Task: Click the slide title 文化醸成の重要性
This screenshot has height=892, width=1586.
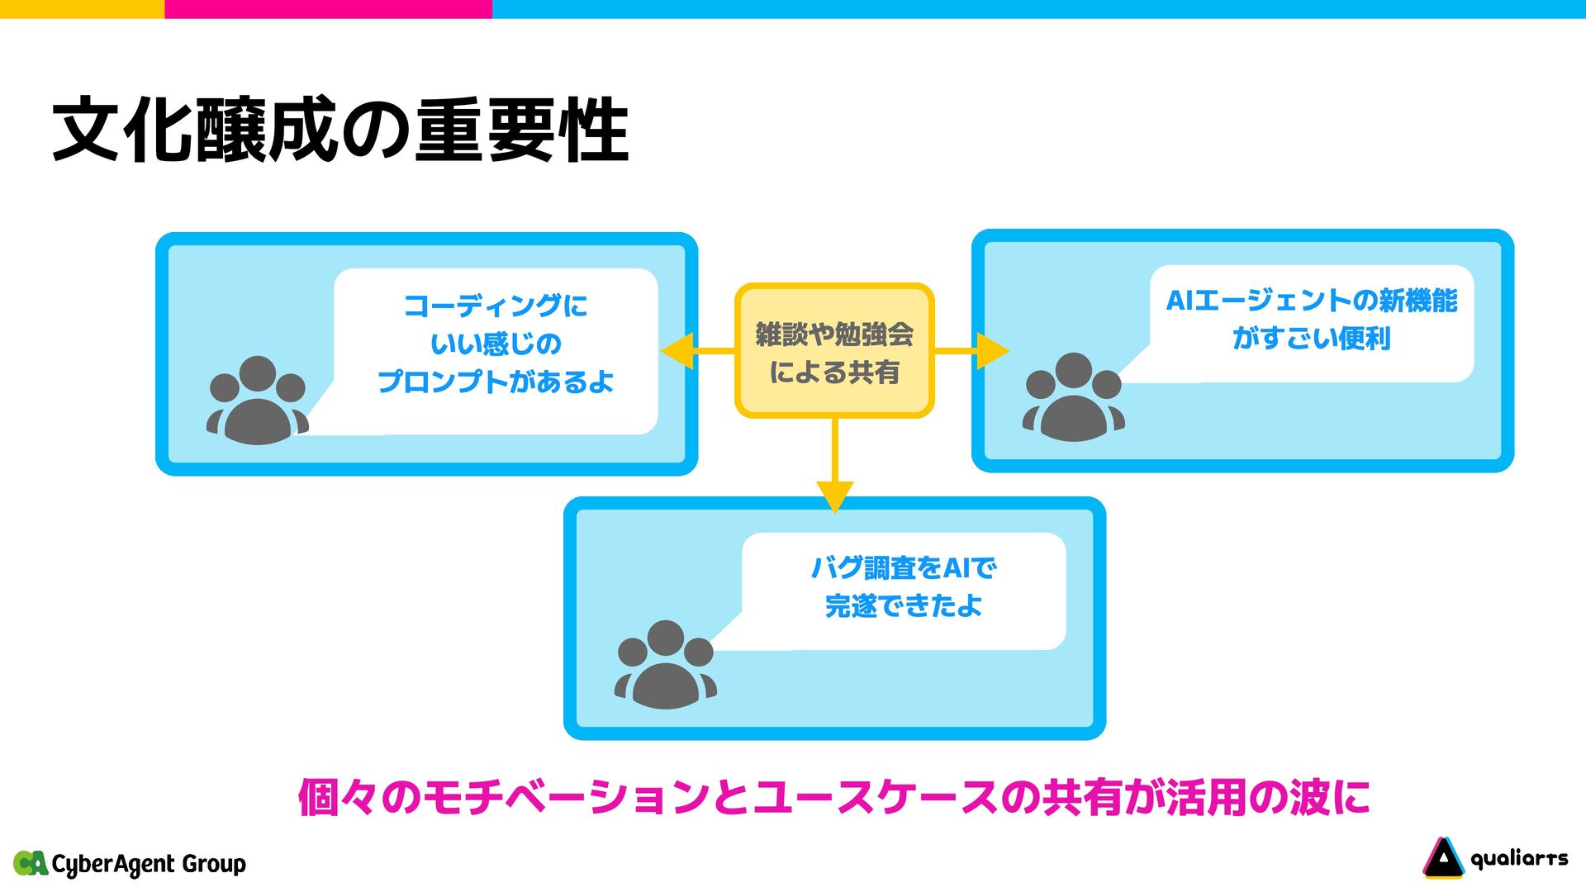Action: (340, 130)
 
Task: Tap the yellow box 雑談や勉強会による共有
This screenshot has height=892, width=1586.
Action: (834, 352)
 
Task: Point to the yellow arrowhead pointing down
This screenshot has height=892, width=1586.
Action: (834, 496)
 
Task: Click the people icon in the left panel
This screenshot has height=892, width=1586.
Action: (258, 402)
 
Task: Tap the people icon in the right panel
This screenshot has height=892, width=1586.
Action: (1073, 398)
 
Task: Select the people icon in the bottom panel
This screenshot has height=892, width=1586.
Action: (665, 666)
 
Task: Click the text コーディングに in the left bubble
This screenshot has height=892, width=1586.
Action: (496, 306)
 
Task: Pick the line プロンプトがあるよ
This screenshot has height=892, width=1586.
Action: (496, 382)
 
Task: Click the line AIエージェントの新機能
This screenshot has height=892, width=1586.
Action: (1311, 301)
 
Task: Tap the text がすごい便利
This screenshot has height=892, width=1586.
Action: (1311, 338)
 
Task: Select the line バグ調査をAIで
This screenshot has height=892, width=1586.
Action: (903, 568)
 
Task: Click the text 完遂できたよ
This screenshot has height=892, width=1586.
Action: (903, 606)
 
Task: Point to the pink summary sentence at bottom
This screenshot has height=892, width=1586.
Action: (833, 798)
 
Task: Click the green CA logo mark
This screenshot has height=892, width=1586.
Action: (31, 863)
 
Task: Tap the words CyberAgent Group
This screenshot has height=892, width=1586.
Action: (149, 864)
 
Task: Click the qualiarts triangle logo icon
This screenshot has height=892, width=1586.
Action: (1442, 858)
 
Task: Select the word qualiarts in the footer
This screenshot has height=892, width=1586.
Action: (1519, 859)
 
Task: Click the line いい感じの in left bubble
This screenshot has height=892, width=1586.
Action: (496, 344)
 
